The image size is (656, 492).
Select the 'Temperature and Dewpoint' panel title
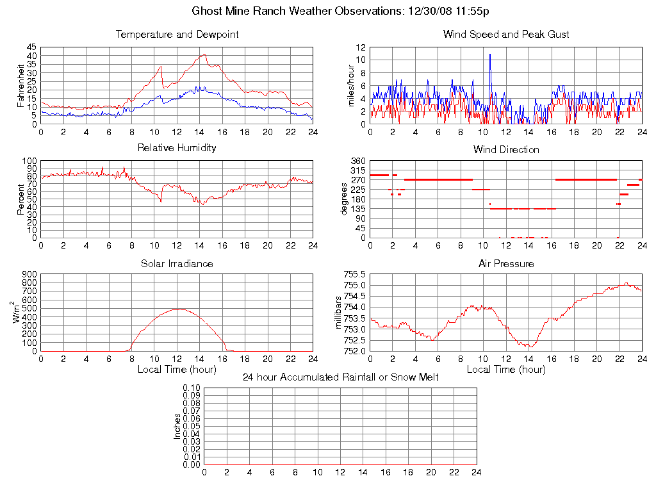click(177, 35)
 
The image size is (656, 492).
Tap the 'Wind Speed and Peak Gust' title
click(506, 35)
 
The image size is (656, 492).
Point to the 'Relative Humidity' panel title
click(177, 148)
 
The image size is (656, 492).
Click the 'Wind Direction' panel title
click(506, 150)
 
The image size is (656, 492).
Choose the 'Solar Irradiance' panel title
click(177, 263)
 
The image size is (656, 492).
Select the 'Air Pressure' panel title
click(506, 263)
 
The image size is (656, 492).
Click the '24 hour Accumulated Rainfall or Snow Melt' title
click(341, 377)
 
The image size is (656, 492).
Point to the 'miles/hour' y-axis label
click(350, 85)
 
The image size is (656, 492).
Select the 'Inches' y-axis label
click(177, 426)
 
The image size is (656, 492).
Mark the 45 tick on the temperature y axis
click(31, 47)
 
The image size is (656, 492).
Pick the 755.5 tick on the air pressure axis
click(355, 274)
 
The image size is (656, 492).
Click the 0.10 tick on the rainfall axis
click(192, 388)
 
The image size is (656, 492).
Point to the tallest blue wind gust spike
click(490, 54)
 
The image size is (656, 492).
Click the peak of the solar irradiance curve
click(177, 309)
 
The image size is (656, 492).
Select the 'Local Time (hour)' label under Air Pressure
click(506, 370)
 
